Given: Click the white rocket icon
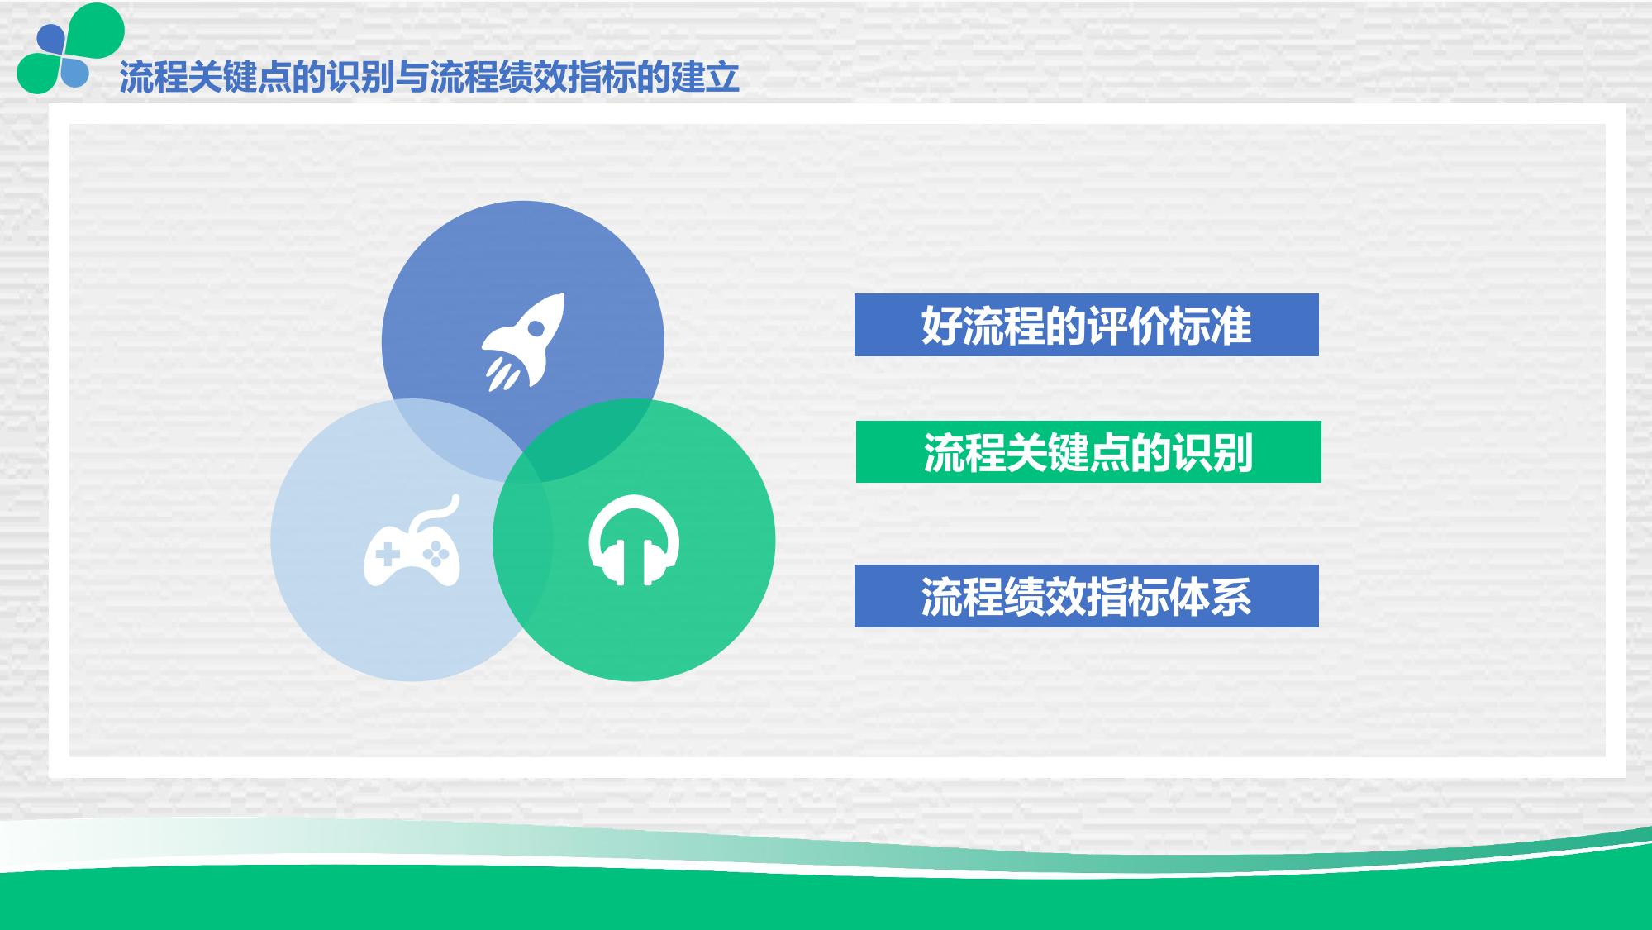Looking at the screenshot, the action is pos(523,341).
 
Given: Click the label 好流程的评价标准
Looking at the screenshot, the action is pos(1086,325).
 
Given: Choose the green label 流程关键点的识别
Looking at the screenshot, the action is pos(1088,452).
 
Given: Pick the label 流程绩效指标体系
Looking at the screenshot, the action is pos(1086,596).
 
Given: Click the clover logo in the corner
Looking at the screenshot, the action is pos(70,48).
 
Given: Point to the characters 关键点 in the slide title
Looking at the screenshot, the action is pos(240,78).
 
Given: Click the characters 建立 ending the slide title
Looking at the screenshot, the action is pos(705,78).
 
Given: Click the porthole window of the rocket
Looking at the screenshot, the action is pos(536,328).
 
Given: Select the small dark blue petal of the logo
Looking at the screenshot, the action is pos(50,39).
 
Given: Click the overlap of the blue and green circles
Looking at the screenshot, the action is pos(591,436).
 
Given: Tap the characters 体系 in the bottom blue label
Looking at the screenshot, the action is pos(1210,596).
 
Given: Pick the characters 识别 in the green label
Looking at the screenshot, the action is pos(1212,452).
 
